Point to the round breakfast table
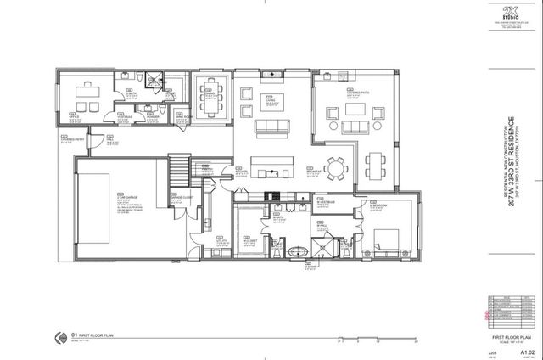click(336, 170)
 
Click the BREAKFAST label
click(315, 169)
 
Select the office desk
click(86, 90)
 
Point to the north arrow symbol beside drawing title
click(58, 335)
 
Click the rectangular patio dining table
click(375, 162)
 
